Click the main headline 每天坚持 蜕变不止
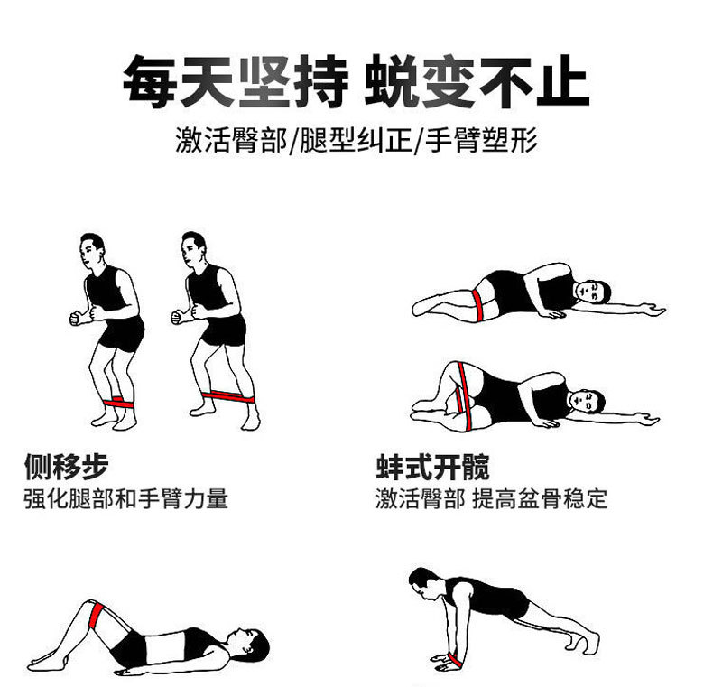click(356, 81)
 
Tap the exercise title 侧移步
click(67, 467)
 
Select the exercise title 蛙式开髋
click(432, 467)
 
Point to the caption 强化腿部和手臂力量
click(126, 498)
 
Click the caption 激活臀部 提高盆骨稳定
click(492, 498)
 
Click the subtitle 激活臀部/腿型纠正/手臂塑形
click(356, 140)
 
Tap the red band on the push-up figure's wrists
click(456, 660)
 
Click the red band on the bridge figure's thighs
click(96, 615)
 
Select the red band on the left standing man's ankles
click(119, 404)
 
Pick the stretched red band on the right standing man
click(228, 396)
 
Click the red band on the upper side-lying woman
click(477, 305)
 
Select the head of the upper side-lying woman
click(592, 292)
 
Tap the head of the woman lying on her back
click(250, 641)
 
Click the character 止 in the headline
click(563, 81)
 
